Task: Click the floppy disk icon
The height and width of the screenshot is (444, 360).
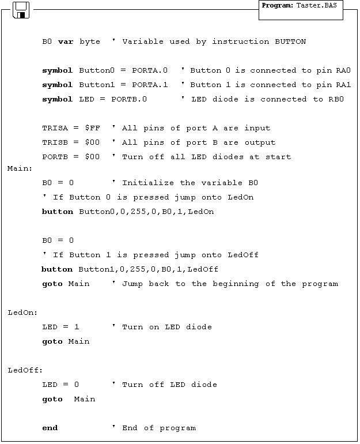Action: click(22, 9)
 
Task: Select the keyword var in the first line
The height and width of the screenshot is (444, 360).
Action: click(65, 42)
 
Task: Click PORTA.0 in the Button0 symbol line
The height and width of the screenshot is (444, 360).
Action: click(150, 70)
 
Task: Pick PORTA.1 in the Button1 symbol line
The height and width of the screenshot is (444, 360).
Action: click(150, 85)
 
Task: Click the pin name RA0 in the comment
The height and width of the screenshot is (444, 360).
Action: click(343, 70)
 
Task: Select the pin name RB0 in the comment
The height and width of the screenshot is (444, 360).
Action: click(336, 99)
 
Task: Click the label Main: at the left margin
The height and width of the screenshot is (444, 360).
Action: click(20, 168)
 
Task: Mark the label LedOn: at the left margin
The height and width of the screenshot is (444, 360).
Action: click(22, 313)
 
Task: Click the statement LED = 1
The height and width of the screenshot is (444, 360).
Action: click(60, 327)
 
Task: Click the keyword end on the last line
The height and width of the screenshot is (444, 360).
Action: click(50, 428)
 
